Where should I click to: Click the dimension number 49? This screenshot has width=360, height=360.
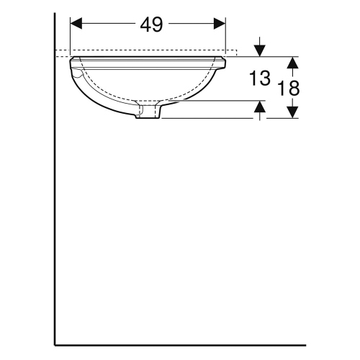(151, 24)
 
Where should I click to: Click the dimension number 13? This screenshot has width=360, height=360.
(261, 79)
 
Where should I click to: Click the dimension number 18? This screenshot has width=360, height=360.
(289, 88)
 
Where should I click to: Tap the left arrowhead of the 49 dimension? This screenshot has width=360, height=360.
(76, 24)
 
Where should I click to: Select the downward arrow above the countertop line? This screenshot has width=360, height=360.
(261, 50)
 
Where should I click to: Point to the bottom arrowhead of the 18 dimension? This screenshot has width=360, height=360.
(292, 113)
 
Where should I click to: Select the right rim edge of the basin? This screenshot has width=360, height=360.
(223, 64)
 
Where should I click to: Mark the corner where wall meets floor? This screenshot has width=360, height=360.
(56, 345)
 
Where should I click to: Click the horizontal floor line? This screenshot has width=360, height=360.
(180, 345)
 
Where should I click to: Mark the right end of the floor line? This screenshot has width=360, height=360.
(305, 345)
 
